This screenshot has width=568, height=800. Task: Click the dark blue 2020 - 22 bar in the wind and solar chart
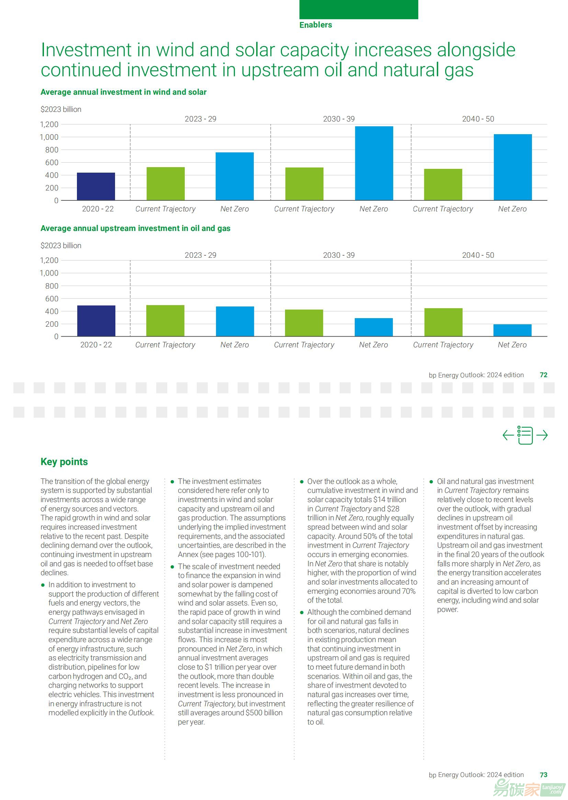coord(96,186)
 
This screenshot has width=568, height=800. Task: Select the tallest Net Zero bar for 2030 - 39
coord(374,163)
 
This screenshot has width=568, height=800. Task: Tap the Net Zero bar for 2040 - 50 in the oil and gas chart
coord(512,330)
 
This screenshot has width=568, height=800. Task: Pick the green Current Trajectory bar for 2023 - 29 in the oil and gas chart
coord(165,321)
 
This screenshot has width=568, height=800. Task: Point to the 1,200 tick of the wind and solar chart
coord(49,125)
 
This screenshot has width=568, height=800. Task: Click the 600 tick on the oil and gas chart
coord(52,299)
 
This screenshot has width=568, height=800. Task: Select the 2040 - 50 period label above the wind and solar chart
coord(478,119)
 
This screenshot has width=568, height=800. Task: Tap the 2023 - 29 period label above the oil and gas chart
coord(201,255)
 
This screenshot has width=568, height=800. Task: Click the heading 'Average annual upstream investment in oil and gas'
coord(135,229)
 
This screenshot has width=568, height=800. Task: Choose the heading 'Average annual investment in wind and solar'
coord(124,92)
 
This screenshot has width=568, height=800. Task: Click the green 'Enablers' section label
coord(316,25)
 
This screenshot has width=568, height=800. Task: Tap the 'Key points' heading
coord(64,462)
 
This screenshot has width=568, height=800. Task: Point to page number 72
coord(544,375)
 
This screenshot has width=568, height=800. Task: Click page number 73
coord(544,775)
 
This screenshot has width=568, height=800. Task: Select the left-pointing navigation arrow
coord(508,435)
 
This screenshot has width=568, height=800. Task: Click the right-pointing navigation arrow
coord(542,435)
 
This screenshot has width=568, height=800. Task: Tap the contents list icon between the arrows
coord(525,435)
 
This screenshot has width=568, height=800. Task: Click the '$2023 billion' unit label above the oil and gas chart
coord(61,246)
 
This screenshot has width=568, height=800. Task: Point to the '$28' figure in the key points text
coord(393,509)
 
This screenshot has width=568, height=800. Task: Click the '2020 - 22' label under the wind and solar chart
coord(98,209)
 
